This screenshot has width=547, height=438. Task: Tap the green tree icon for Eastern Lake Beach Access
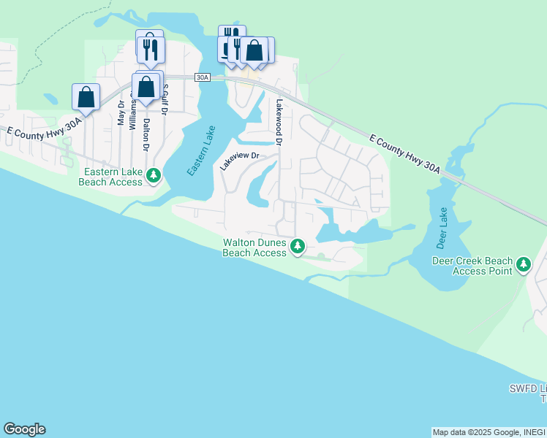pos(154,175)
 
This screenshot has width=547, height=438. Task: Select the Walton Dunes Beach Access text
pos(254,247)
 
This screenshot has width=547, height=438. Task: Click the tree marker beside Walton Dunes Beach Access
pos(298,246)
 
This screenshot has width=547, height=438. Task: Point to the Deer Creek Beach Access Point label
pos(472,266)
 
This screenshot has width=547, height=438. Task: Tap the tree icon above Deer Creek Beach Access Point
pos(524,264)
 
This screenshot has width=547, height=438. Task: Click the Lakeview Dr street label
pos(241,161)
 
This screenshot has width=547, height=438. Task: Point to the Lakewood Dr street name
pos(279,120)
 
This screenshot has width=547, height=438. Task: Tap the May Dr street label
pos(121,114)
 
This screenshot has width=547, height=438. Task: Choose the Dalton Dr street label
pos(146,134)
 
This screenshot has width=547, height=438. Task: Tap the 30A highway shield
pos(203,77)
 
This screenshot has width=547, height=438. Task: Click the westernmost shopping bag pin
pos(86,97)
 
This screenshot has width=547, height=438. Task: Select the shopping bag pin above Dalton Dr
pos(146,86)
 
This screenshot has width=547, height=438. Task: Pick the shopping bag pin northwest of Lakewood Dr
pos(255,50)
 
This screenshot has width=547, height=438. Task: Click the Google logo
pos(24,429)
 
